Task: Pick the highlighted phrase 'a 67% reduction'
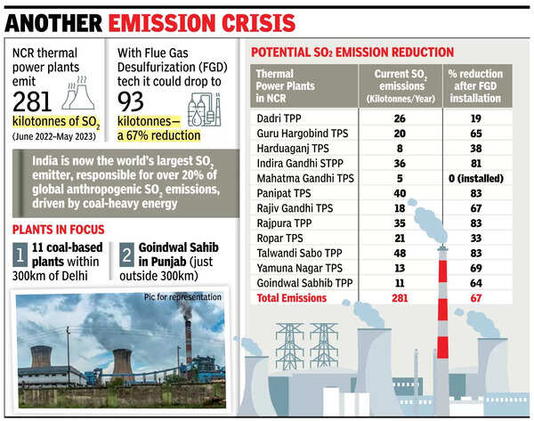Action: coord(158,134)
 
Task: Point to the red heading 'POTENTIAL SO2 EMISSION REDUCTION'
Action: coord(352,53)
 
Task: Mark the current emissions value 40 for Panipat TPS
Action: coord(400,195)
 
